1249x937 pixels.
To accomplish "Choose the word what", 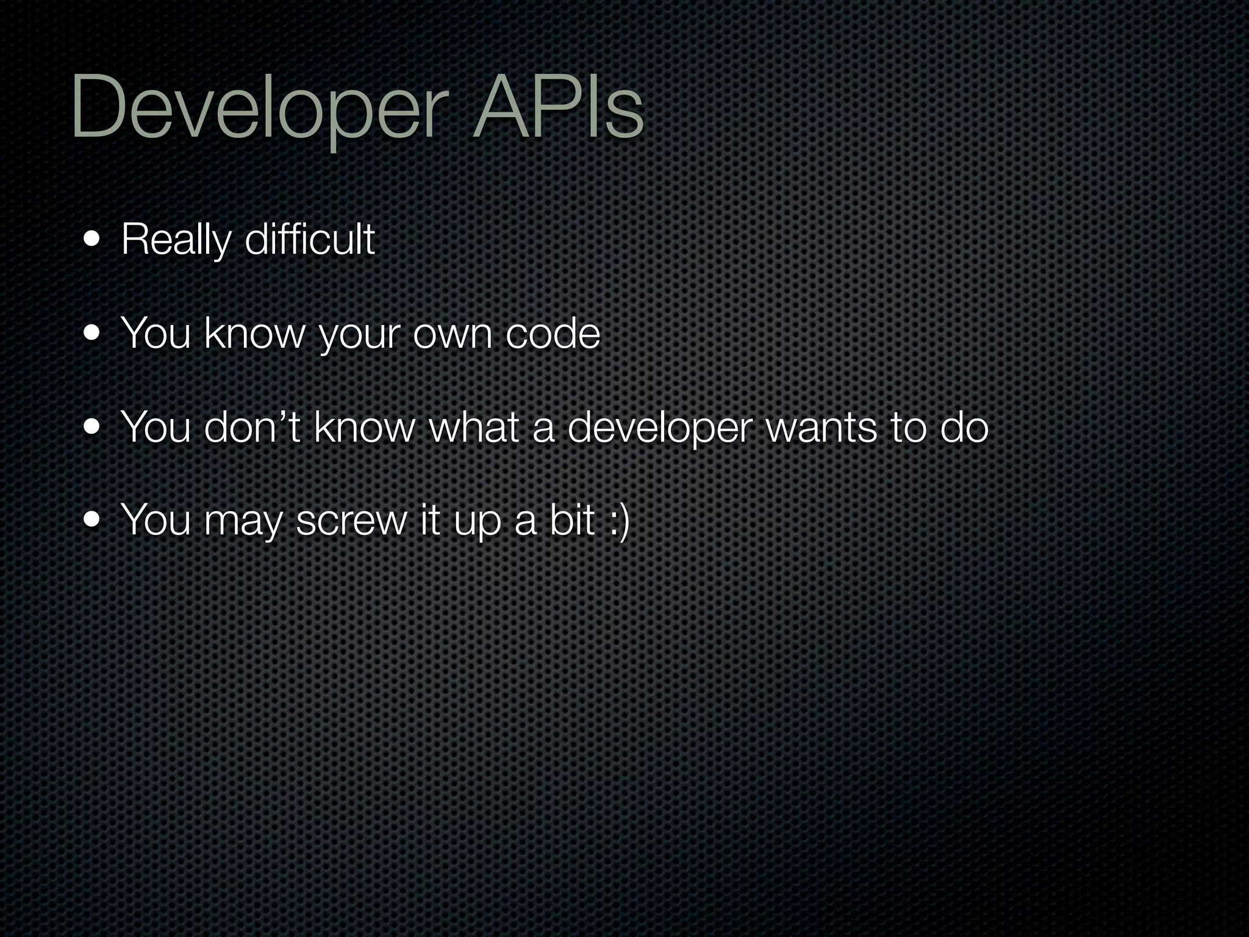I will point(475,427).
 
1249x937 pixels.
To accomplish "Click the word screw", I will point(351,522).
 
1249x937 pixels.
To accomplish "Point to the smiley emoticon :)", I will point(618,522).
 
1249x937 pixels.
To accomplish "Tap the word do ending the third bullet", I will point(964,427).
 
